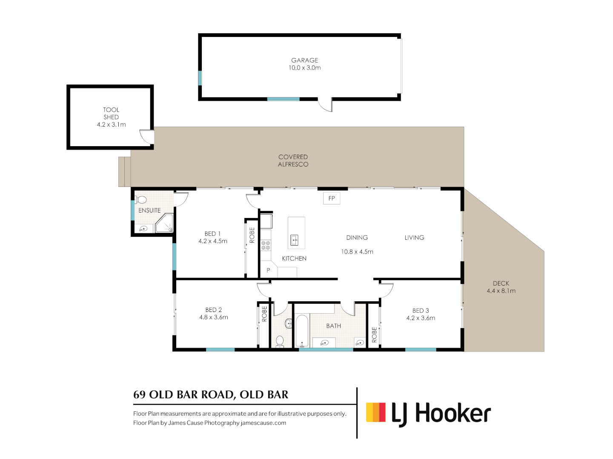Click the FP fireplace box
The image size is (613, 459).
332,198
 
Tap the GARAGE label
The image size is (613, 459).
304,60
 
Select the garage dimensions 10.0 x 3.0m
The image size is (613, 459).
304,68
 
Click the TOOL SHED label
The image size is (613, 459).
111,113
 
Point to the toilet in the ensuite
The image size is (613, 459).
141,200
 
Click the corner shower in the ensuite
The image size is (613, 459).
164,223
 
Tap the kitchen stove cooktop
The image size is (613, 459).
266,245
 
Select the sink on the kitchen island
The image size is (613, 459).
294,240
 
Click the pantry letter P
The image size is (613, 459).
268,270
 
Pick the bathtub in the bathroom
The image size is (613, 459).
302,331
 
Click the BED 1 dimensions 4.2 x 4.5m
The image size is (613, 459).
213,241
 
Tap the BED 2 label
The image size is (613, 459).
214,310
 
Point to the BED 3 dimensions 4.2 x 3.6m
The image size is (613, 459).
421,318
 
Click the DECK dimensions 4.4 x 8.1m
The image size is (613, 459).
501,291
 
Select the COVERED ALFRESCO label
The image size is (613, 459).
293,161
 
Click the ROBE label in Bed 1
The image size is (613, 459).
252,235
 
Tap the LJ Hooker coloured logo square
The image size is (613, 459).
375,412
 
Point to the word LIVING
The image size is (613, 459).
415,238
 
